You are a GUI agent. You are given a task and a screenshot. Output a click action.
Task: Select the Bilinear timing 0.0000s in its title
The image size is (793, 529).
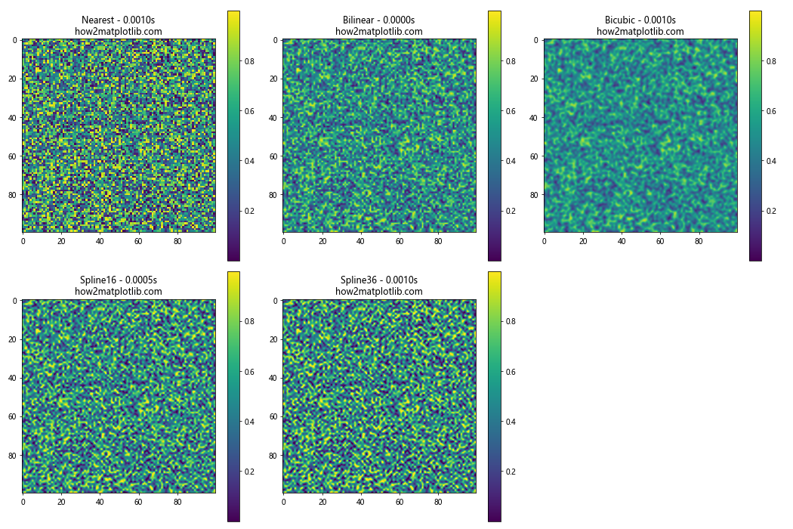tap(397, 20)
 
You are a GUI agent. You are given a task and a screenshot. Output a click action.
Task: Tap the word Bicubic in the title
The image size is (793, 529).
tap(622, 20)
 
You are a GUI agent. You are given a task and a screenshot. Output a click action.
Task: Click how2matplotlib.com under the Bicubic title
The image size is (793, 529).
tap(640, 32)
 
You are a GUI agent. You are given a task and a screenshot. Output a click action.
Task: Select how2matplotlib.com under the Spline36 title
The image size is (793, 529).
tap(379, 292)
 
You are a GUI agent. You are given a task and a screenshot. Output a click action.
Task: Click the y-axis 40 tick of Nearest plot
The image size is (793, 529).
tap(12, 117)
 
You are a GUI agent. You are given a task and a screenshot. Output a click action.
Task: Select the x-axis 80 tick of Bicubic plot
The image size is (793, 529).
tap(699, 242)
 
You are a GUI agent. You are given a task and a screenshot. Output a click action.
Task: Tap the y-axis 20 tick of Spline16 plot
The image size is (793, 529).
tap(12, 339)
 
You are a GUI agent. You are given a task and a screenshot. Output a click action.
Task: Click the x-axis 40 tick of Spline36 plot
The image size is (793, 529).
tap(360, 502)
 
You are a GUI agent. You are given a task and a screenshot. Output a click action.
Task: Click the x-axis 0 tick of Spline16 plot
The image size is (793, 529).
tap(23, 502)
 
